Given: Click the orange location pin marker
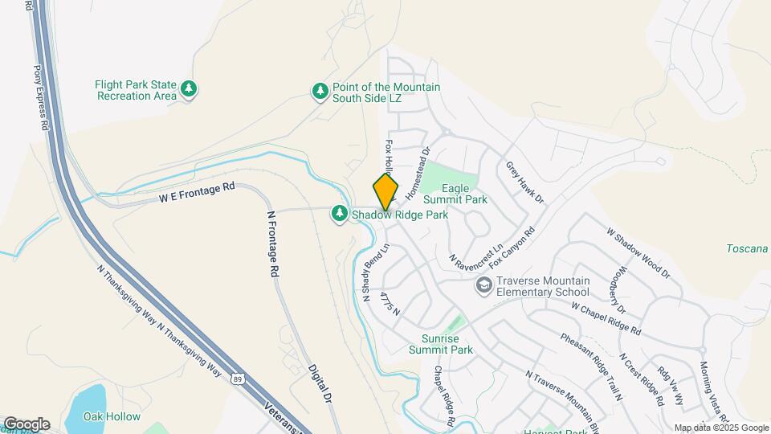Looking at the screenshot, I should [x=385, y=192].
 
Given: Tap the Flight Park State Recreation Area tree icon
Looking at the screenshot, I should [x=189, y=89].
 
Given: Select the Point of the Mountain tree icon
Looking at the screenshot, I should [x=320, y=91].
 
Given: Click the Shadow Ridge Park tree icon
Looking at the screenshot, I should [x=340, y=213].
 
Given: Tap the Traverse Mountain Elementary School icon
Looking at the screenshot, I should [x=484, y=285].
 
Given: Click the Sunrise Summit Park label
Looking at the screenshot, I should [x=440, y=343].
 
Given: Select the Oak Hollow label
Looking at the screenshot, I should [x=113, y=416].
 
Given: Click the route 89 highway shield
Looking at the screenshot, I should [x=239, y=377].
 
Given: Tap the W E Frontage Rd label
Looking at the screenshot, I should [x=197, y=190].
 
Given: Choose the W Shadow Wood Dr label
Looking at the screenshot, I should [x=638, y=252].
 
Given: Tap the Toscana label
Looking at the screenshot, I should [x=747, y=249].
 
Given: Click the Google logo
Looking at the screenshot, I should [x=27, y=424].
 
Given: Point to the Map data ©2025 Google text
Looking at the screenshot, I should [x=720, y=428].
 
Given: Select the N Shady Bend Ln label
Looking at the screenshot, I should [x=374, y=273].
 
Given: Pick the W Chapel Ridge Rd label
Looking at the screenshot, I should [x=606, y=318].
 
